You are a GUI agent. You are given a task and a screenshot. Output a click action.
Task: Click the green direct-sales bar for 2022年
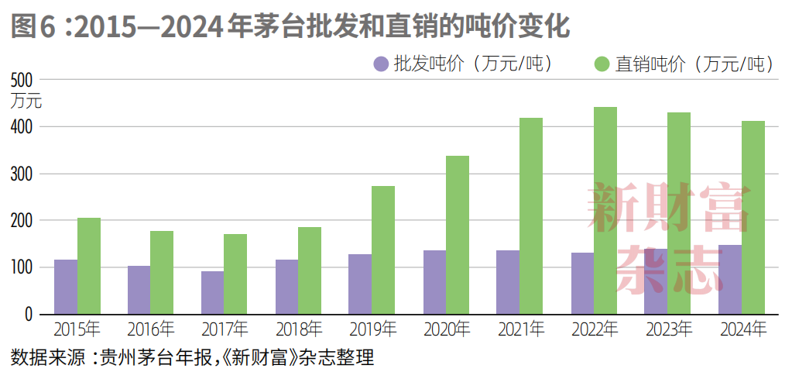coord(605,211)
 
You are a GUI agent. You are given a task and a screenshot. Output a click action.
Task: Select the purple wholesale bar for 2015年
coord(66,287)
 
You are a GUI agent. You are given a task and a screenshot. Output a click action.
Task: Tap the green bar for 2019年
coord(383,250)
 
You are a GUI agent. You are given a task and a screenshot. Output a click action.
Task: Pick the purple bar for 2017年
coord(213,292)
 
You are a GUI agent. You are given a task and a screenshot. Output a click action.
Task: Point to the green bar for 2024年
coord(753,217)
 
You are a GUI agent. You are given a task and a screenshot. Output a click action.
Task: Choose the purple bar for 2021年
coord(508,282)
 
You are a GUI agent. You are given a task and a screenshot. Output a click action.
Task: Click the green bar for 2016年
coord(162,272)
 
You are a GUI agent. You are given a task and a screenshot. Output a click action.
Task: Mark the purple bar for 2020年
coord(434,282)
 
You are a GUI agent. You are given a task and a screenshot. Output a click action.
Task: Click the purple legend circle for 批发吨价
coord(381,64)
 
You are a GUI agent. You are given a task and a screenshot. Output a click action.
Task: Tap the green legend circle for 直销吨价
coord(602,64)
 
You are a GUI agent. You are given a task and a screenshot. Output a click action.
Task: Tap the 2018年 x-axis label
coord(299,329)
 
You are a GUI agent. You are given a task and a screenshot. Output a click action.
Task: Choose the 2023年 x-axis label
coord(670,329)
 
